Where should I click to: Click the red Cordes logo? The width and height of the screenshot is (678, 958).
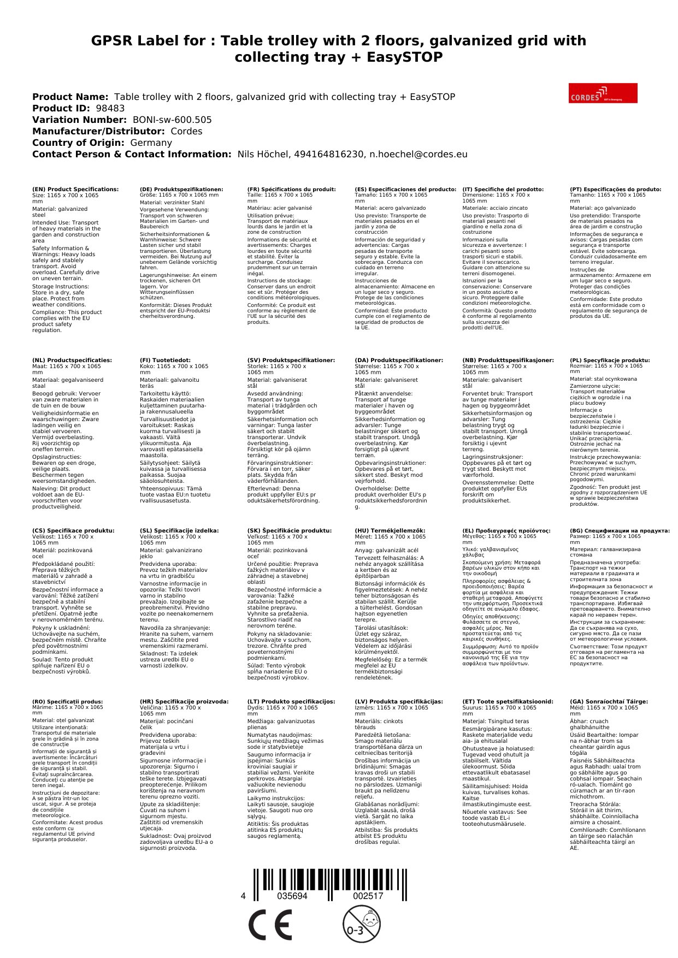pyautogui.click(x=603, y=93)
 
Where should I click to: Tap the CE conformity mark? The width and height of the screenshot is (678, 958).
pyautogui.click(x=270, y=925)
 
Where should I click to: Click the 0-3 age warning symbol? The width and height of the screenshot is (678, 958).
pyautogui.click(x=361, y=924)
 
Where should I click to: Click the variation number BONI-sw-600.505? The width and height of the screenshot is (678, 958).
pyautogui.click(x=172, y=120)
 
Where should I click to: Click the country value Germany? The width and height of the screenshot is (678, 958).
pyautogui.click(x=151, y=143)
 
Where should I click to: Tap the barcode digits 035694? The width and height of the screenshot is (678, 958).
pyautogui.click(x=292, y=896)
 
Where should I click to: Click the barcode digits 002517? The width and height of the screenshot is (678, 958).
pyautogui.click(x=368, y=896)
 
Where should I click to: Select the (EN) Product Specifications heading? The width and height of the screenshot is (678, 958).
pyautogui.click(x=75, y=190)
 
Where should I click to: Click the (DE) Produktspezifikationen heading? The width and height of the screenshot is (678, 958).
pyautogui.click(x=181, y=190)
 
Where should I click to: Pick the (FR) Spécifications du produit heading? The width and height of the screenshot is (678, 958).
pyautogui.click(x=291, y=190)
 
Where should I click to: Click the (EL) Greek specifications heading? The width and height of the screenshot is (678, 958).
pyautogui.click(x=506, y=530)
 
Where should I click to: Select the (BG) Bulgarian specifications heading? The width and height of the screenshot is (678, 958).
pyautogui.click(x=620, y=530)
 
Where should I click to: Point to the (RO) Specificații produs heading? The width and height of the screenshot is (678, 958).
pyautogui.click(x=67, y=701)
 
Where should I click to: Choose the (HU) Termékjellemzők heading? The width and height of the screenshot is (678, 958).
pyautogui.click(x=390, y=530)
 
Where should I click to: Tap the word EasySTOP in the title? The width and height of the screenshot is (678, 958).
pyautogui.click(x=393, y=57)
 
